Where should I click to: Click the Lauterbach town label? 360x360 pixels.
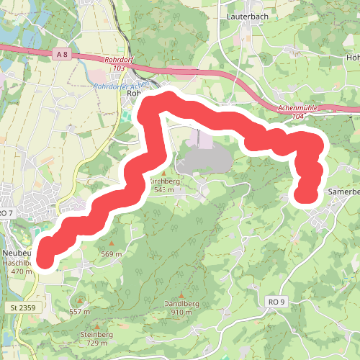(x=248, y=14)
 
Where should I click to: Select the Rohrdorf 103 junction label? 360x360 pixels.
(x=116, y=63)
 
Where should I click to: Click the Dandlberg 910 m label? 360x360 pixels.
(x=181, y=307)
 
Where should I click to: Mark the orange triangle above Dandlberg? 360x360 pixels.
(x=181, y=294)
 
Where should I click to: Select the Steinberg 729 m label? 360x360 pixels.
(x=98, y=338)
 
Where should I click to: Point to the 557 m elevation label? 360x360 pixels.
(x=79, y=311)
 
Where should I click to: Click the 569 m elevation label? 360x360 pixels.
(x=111, y=254)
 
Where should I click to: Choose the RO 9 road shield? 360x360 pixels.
(x=276, y=300)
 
